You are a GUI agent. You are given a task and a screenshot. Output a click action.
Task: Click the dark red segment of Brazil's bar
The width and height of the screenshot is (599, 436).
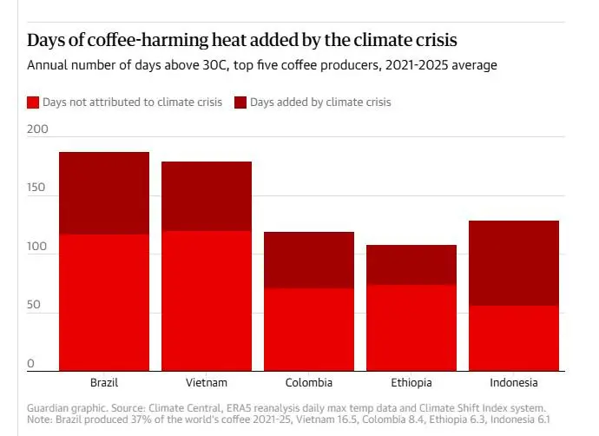104,193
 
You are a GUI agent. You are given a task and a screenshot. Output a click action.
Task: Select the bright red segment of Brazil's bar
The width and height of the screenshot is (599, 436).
104,302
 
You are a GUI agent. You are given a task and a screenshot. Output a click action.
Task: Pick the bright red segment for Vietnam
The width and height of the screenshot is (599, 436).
207,301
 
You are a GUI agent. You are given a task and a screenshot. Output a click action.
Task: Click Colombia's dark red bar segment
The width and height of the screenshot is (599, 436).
309,260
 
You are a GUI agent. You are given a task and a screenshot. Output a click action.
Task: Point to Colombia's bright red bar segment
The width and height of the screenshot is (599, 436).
309,329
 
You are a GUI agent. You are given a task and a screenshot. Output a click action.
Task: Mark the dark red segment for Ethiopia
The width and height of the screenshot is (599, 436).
411,265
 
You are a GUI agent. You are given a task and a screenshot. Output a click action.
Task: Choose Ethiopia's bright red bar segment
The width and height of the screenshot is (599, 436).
411,327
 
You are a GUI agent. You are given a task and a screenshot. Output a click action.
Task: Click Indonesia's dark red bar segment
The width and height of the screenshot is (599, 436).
514,263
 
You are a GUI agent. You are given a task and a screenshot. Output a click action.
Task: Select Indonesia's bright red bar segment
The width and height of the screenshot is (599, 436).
514,338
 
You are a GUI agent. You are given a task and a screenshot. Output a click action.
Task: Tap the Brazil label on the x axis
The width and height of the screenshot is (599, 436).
104,382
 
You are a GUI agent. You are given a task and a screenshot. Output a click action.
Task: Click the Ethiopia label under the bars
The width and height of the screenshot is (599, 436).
411,382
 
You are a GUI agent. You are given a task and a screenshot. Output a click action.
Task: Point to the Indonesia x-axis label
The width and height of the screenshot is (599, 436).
514,382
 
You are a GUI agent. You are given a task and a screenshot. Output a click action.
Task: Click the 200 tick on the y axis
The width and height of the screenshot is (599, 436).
37,128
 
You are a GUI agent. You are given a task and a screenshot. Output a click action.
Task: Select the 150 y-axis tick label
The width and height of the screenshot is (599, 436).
37,188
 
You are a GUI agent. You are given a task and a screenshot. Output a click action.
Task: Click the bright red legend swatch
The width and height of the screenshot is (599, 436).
33,102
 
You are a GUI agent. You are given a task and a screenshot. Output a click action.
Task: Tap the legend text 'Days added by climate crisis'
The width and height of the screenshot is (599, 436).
320,102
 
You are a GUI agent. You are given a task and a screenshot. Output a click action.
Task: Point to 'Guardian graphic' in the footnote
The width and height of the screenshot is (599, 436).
65,406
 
